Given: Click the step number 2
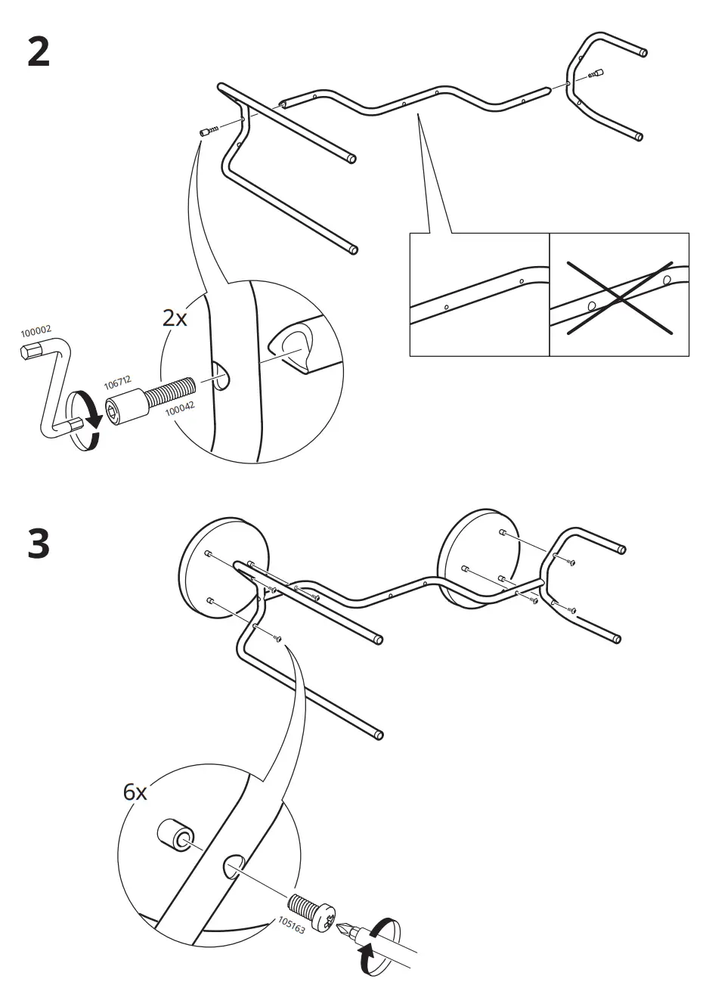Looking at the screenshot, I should pyautogui.click(x=39, y=51).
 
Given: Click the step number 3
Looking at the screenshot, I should pyautogui.click(x=39, y=545).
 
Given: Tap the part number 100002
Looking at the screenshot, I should pyautogui.click(x=36, y=331).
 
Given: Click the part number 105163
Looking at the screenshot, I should pyautogui.click(x=291, y=925).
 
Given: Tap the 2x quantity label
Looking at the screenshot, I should pyautogui.click(x=175, y=318).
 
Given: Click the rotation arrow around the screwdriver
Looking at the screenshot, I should pyautogui.click(x=377, y=946).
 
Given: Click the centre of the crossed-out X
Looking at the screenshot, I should pyautogui.click(x=620, y=297).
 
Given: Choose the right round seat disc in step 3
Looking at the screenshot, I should pyautogui.click(x=478, y=555).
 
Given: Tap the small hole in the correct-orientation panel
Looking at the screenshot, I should pyautogui.click(x=447, y=307).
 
